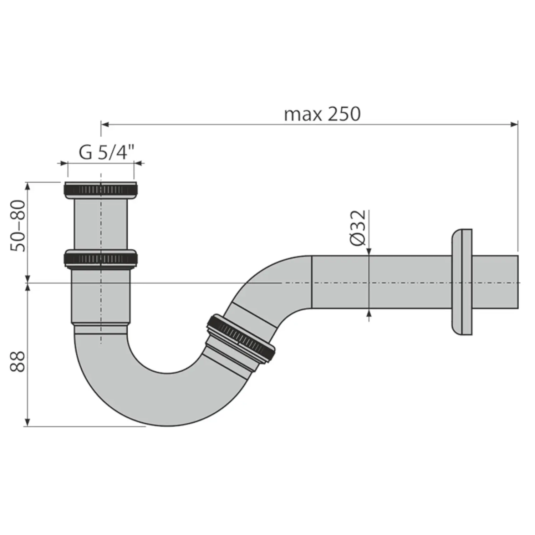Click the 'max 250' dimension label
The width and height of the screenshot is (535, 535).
click(x=322, y=114)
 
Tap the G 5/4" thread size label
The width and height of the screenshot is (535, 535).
click(x=106, y=152)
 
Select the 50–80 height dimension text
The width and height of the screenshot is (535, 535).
click(x=18, y=226)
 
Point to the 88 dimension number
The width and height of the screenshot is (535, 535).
click(x=17, y=362)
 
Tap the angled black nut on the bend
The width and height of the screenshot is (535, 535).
click(x=241, y=338)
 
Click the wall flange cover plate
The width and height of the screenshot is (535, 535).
click(x=462, y=282)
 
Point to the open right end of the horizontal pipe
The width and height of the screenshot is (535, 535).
click(x=517, y=282)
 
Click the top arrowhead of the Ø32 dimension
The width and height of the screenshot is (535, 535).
click(x=369, y=252)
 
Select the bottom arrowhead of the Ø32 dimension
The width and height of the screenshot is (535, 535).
click(x=369, y=313)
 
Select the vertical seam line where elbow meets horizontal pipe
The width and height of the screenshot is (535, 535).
click(x=312, y=282)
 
